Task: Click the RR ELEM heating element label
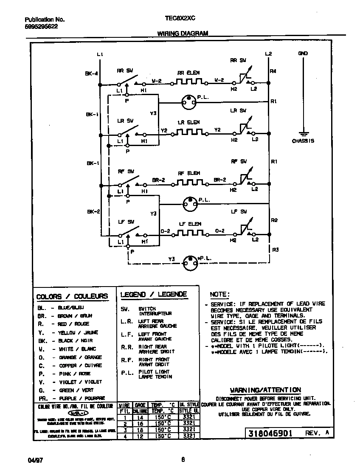pos(188,73)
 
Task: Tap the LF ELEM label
pos(189,224)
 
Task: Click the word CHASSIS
pos(303,141)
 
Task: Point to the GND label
pos(303,53)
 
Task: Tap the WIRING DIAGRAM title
pos(183,33)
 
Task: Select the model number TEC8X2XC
pos(180,19)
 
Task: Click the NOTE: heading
pos(220,295)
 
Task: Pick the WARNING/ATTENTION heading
pos(265,390)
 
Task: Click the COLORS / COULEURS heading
pos(72,296)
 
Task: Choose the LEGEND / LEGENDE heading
pos(154,295)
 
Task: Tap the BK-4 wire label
pos(91,73)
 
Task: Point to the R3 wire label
pos(275,250)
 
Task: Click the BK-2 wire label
pos(93,211)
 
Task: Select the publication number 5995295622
pos(41,26)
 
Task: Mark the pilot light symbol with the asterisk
pos(190,262)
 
